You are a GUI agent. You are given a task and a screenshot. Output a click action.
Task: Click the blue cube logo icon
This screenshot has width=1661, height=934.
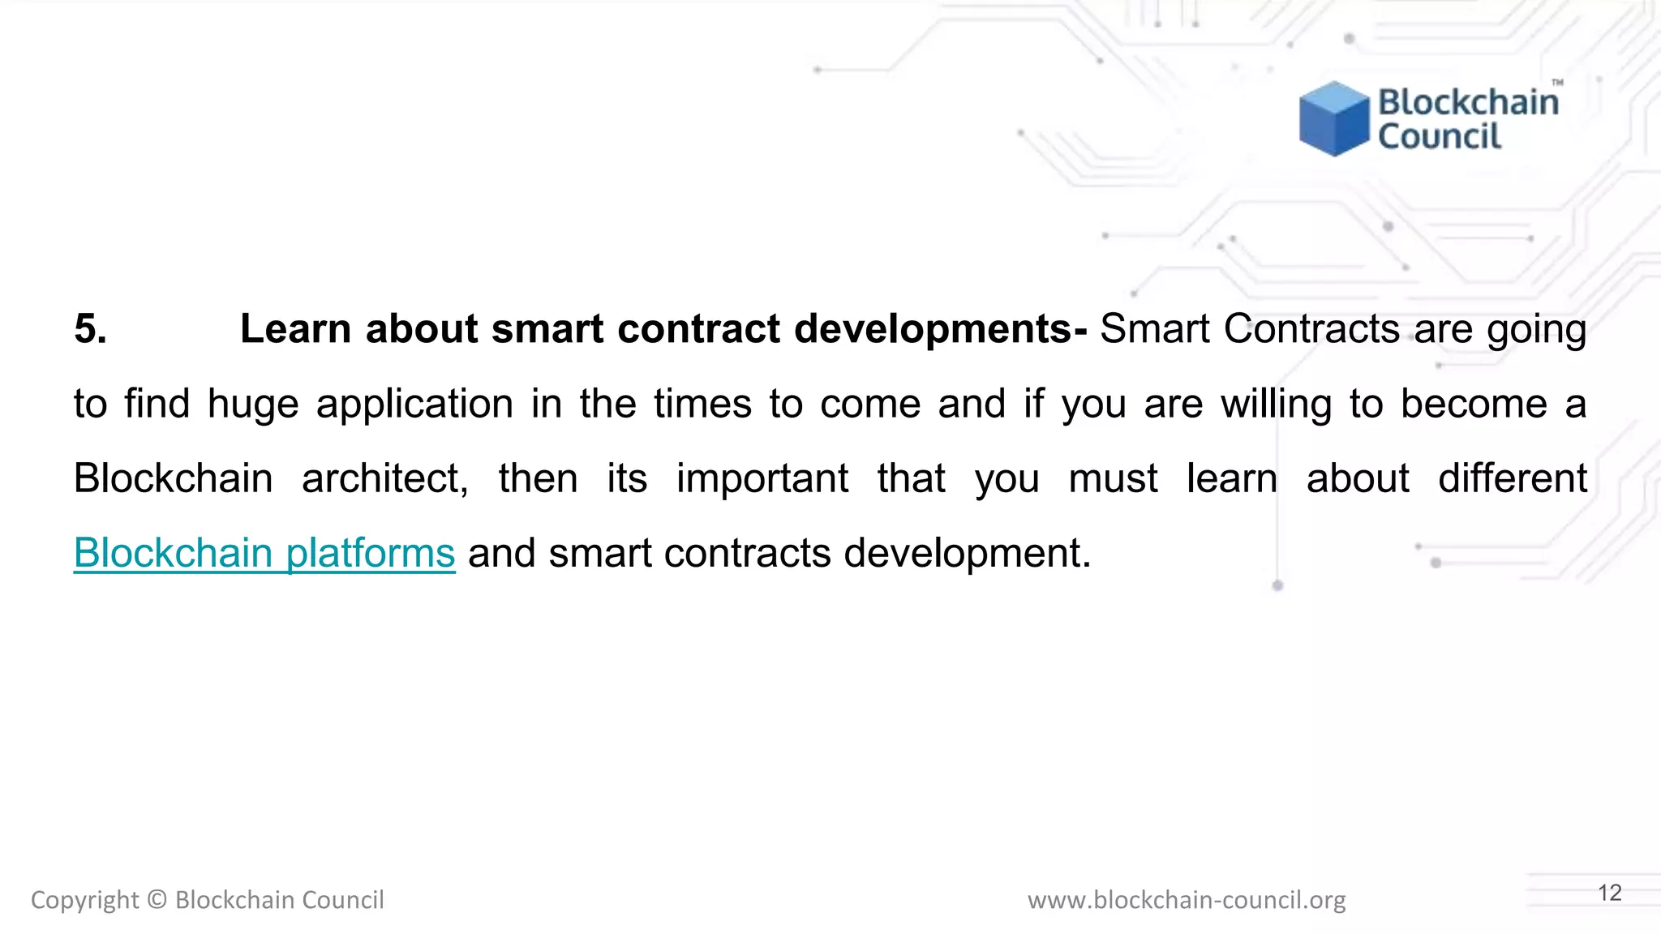[x=1333, y=118]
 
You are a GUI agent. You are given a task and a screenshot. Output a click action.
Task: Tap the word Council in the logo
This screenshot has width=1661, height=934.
[x=1440, y=136]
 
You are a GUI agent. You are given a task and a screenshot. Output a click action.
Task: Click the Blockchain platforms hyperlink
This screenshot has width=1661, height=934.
[x=264, y=553]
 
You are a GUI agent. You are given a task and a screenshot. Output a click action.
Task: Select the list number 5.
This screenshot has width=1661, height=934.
[x=90, y=329]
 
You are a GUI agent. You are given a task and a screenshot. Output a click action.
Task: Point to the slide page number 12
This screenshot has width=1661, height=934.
[x=1609, y=893]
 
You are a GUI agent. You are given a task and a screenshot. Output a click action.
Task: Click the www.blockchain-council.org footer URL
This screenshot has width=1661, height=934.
[x=1187, y=900]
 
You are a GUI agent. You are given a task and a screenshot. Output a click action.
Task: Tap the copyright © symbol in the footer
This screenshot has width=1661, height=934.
[x=157, y=900]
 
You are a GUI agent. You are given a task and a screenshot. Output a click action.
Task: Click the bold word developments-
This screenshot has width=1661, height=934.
[x=940, y=329]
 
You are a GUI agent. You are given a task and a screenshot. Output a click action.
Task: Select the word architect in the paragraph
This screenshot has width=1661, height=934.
[x=384, y=478]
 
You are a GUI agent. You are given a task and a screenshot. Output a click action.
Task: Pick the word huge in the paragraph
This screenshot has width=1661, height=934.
[x=253, y=404]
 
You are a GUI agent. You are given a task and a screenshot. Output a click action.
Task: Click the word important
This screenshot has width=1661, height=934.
[x=762, y=478]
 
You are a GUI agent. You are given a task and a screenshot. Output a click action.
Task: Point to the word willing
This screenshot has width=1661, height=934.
[x=1276, y=404]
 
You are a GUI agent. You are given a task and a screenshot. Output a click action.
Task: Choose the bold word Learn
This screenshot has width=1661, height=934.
[x=296, y=329]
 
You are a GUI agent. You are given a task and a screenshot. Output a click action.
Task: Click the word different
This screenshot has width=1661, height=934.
[x=1512, y=478]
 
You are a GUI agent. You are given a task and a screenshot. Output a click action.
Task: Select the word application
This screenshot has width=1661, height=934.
[x=414, y=404]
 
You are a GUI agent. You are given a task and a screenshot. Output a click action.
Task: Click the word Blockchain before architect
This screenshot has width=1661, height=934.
[x=173, y=478]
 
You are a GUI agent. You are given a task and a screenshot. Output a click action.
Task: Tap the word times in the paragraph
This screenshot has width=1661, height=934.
[x=702, y=404]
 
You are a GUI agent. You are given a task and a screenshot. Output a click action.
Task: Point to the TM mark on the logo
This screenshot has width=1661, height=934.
[x=1557, y=83]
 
